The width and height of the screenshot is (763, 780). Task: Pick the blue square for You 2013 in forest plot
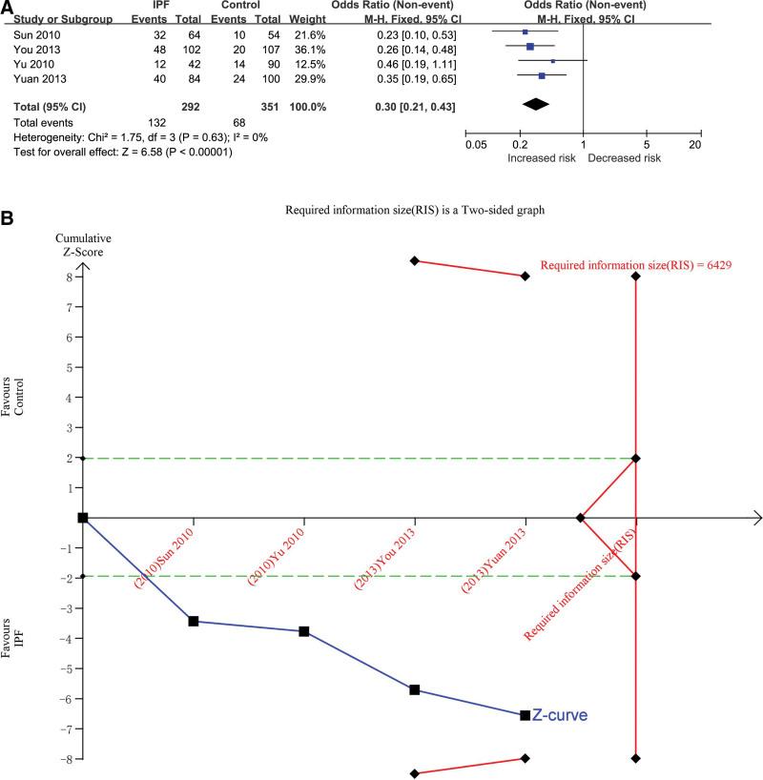(x=529, y=46)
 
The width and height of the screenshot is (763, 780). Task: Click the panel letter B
(x=8, y=218)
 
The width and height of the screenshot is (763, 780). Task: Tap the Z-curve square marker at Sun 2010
(x=194, y=621)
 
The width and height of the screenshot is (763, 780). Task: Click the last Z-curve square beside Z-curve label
(x=525, y=715)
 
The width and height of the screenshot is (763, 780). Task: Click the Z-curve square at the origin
(x=83, y=518)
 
